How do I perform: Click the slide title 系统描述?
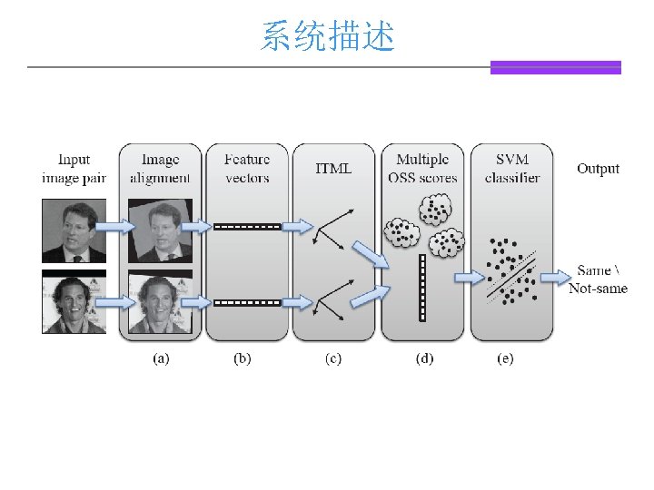327,37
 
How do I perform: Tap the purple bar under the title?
555,67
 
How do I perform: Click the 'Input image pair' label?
74,169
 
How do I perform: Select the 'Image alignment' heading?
160,169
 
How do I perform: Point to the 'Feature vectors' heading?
247,169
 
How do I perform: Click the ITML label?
332,169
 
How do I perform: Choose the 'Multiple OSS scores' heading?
422,169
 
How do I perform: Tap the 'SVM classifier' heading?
512,169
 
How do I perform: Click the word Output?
598,169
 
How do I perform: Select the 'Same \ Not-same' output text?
598,279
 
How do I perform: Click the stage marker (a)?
160,358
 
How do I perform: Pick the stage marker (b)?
243,358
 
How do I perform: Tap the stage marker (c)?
332,358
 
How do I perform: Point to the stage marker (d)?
424,358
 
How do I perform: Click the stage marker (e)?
505,358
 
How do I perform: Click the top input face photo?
74,231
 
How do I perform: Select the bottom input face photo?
74,301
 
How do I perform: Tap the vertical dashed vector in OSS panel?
422,289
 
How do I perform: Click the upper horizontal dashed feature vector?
247,226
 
